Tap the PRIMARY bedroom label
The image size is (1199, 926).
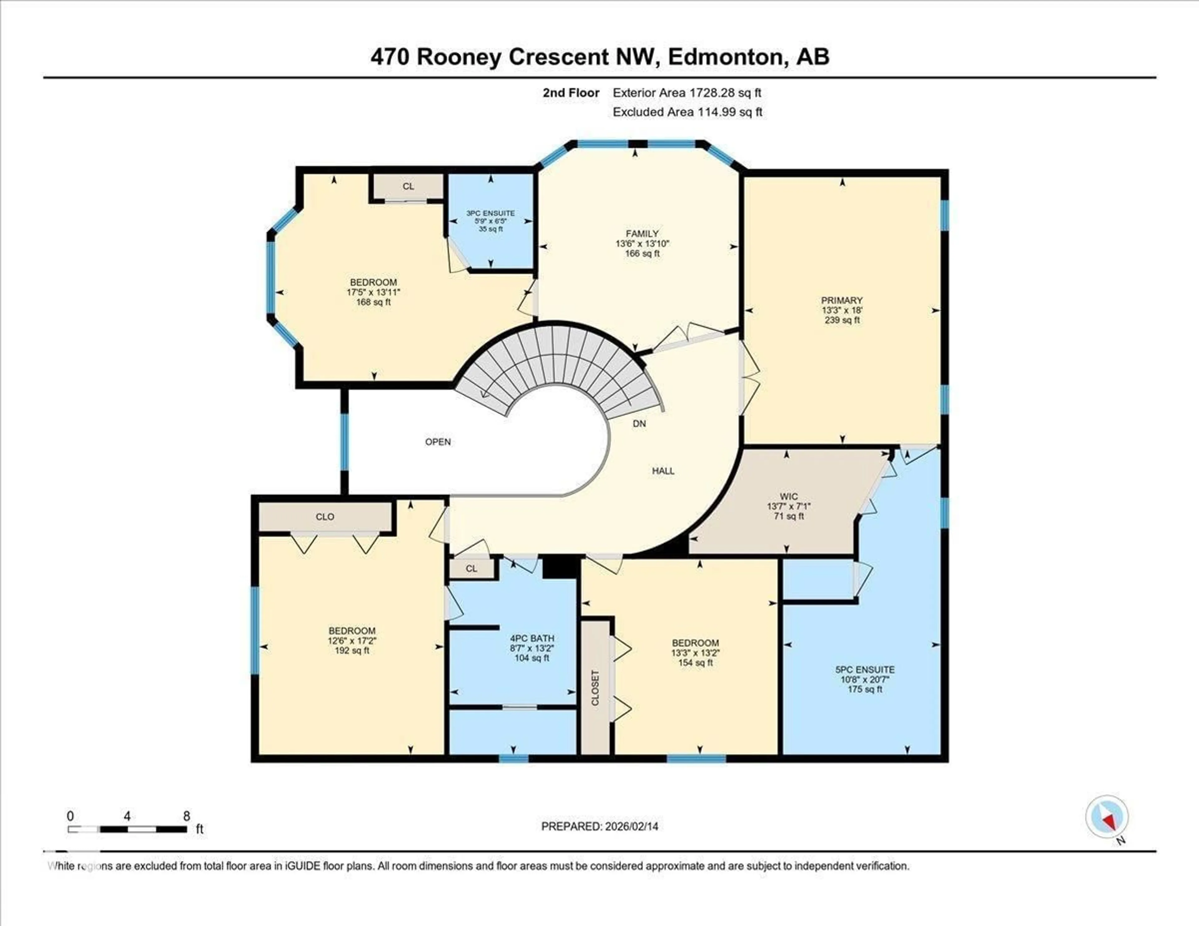pyautogui.click(x=841, y=300)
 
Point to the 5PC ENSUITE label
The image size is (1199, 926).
pyautogui.click(x=865, y=670)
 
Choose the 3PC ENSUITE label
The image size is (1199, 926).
pyautogui.click(x=490, y=213)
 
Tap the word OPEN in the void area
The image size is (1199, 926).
pyautogui.click(x=437, y=442)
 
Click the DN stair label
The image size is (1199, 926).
pyautogui.click(x=639, y=424)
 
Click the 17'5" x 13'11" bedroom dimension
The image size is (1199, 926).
pyautogui.click(x=373, y=292)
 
